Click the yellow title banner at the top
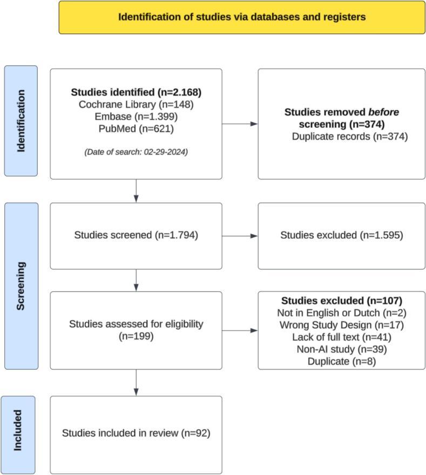coord(242,17)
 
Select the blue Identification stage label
coord(21,121)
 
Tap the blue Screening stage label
coord(21,286)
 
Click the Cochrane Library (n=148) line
coord(136,104)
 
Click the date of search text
coord(136,152)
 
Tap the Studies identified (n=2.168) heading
coord(136,92)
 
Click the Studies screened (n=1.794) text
coord(136,235)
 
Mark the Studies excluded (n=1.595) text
coord(342,235)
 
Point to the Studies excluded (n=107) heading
coord(342,300)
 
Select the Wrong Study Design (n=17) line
coord(342,325)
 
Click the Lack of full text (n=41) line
coord(342,337)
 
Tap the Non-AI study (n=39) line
coord(342,349)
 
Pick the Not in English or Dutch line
coord(342,313)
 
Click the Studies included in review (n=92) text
coord(136,433)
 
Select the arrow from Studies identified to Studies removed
coord(240,124)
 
